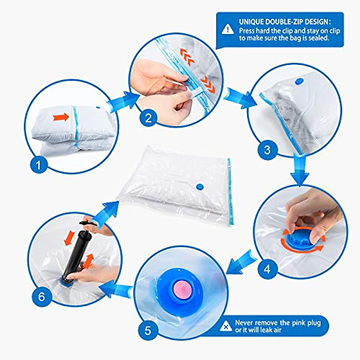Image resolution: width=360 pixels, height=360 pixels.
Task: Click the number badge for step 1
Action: coord(39,164)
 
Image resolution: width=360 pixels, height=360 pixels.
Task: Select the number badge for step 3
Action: coord(267,149)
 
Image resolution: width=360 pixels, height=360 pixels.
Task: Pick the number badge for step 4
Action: coord(267,269)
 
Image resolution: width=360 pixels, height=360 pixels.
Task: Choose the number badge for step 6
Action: coord(41,297)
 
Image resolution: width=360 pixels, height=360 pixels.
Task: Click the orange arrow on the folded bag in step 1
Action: coord(61,117)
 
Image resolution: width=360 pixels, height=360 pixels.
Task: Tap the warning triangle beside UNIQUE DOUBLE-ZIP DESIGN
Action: coord(228,29)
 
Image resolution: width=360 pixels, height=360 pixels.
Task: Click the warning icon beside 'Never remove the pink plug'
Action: coord(226,326)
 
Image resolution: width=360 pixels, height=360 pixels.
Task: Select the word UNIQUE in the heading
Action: coord(251,22)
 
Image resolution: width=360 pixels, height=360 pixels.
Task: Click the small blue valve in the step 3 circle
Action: coord(299,81)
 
